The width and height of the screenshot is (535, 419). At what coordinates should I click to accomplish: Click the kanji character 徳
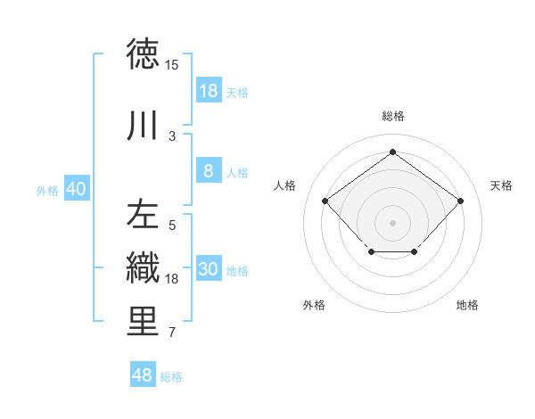(143, 54)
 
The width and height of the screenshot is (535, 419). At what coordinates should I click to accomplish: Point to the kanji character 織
(143, 268)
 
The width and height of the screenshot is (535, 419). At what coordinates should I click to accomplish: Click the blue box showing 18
(208, 91)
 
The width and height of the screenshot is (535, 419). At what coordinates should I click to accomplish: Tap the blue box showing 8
(208, 172)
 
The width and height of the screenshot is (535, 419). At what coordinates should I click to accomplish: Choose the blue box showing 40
(76, 189)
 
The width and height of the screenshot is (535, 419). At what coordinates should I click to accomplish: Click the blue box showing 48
(143, 375)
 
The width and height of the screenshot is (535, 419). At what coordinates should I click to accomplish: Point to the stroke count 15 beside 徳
(172, 65)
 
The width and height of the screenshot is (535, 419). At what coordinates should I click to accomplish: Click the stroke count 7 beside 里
(172, 333)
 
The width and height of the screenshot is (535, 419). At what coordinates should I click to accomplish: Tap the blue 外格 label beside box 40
(47, 190)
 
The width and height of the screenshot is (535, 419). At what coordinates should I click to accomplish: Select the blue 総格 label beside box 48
(171, 377)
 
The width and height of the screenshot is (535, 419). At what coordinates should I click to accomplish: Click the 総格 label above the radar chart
(392, 116)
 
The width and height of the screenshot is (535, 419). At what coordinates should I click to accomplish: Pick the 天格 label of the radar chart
(501, 185)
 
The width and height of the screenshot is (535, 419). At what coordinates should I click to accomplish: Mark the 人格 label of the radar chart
(285, 185)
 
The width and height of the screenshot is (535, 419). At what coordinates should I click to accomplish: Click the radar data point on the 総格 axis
(392, 152)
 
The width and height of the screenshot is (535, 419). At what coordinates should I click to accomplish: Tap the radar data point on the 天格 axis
(460, 201)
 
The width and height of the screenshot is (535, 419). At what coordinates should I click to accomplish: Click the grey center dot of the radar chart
(392, 222)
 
